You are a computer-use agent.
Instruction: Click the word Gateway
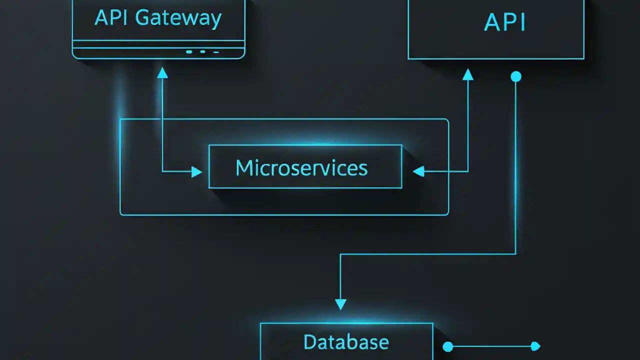pyautogui.click(x=178, y=19)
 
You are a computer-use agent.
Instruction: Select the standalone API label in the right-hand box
pyautogui.click(x=505, y=23)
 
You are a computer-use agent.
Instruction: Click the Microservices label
pyautogui.click(x=301, y=168)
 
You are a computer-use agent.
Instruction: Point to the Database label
pyautogui.click(x=346, y=342)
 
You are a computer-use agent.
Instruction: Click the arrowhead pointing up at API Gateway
pyautogui.click(x=162, y=73)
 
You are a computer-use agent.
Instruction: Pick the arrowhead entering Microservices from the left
pyautogui.click(x=197, y=172)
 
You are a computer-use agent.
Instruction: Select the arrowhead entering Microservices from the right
pyautogui.click(x=418, y=172)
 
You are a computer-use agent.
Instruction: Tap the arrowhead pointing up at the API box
pyautogui.click(x=468, y=74)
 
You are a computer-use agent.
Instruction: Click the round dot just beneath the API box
pyautogui.click(x=516, y=76)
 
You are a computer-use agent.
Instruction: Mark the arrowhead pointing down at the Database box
pyautogui.click(x=340, y=304)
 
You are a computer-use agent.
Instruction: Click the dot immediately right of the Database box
pyautogui.click(x=448, y=346)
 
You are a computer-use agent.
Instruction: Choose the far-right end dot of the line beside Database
pyautogui.click(x=535, y=346)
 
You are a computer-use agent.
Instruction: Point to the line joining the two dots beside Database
pyautogui.click(x=491, y=346)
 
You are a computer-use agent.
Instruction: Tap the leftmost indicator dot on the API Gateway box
pyautogui.click(x=189, y=51)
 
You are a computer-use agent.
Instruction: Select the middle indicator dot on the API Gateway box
pyautogui.click(x=202, y=51)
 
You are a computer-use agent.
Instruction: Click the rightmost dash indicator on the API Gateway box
pyautogui.click(x=216, y=52)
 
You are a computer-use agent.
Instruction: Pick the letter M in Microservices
pyautogui.click(x=242, y=168)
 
